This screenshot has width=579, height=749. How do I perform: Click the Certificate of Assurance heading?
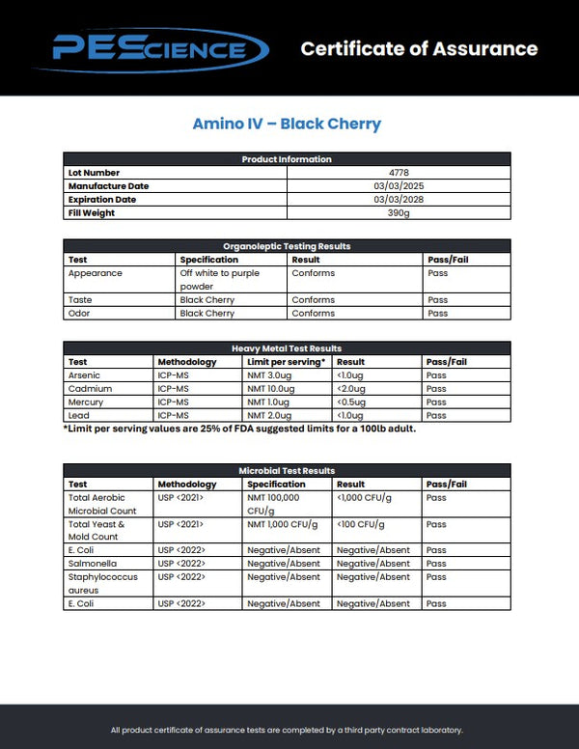click(x=419, y=48)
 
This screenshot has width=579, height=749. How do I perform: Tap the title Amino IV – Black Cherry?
click(x=287, y=124)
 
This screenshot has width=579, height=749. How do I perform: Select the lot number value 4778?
click(x=399, y=173)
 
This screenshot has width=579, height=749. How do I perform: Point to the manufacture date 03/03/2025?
click(x=399, y=186)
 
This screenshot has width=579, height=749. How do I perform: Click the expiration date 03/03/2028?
click(x=399, y=200)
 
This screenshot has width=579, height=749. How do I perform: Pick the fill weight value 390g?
click(x=399, y=213)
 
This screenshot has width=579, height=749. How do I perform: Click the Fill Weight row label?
click(x=91, y=213)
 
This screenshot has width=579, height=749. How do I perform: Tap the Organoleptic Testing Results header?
click(x=287, y=246)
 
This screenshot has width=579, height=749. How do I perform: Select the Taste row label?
click(x=80, y=300)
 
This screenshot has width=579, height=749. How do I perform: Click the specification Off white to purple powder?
click(x=219, y=280)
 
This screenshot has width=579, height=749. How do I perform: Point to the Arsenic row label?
click(x=84, y=374)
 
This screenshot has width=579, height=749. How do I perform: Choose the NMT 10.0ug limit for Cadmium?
click(x=270, y=388)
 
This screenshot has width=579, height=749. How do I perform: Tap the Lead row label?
click(x=78, y=415)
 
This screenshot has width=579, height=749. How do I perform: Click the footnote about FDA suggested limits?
click(x=239, y=429)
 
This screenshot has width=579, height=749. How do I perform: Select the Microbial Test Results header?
click(x=287, y=470)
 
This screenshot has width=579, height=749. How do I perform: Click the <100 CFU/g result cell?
click(x=361, y=524)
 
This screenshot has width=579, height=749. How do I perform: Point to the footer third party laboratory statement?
click(x=287, y=730)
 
